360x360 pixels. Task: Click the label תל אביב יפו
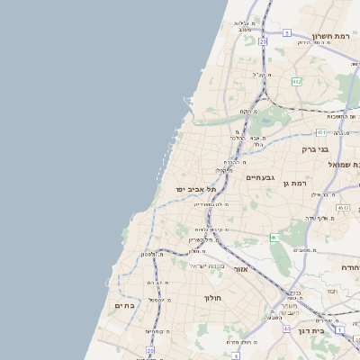(197, 189)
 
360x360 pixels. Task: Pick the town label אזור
(240, 269)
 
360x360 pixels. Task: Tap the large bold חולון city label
(212, 297)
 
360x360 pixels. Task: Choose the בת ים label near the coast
(125, 305)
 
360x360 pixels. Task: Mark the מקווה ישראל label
(205, 265)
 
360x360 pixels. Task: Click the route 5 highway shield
(286, 32)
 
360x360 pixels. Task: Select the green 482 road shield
(296, 81)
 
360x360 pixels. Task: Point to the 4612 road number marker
(343, 208)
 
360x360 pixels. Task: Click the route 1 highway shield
(274, 238)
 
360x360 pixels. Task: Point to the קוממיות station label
(157, 331)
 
